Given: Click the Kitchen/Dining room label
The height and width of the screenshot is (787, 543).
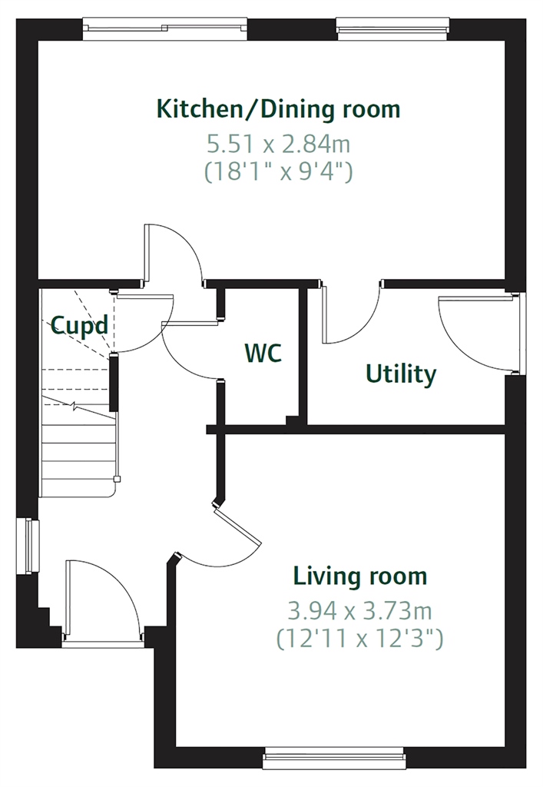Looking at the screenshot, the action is [278, 109].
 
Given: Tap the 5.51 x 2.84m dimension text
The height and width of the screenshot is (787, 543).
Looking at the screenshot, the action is [278, 144].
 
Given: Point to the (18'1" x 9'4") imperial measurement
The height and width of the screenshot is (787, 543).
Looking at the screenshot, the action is [278, 171].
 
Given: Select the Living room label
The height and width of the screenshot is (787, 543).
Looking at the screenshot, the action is [360, 576].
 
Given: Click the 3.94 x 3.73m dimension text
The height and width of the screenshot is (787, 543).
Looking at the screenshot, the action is [359, 611].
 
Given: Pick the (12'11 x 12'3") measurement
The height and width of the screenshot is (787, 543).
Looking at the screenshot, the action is [359, 639].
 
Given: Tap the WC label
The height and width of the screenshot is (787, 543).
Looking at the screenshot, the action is [263, 353].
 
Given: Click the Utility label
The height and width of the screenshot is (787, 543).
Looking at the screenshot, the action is [401, 374].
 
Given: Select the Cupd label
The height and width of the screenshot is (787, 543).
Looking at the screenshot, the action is [79, 326].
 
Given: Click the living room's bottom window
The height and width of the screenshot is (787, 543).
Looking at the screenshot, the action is [334, 758].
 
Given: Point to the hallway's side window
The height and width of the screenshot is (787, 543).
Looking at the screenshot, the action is [28, 546].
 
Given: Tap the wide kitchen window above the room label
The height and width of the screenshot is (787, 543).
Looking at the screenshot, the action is [165, 29].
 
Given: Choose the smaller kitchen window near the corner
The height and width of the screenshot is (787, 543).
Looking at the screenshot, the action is [392, 28].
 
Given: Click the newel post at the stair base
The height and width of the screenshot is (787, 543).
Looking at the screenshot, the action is [117, 480].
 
